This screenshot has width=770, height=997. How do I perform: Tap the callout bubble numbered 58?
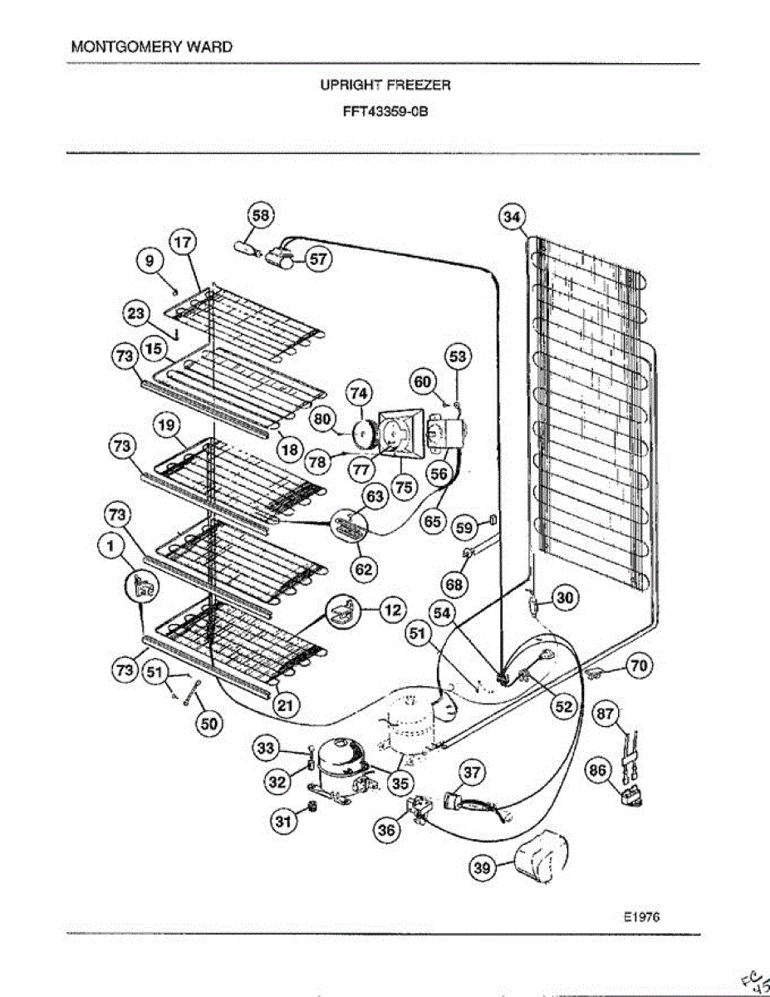pyautogui.click(x=261, y=216)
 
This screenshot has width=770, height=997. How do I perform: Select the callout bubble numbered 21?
pyautogui.click(x=285, y=706)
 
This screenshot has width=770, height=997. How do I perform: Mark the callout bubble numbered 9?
pyautogui.click(x=150, y=261)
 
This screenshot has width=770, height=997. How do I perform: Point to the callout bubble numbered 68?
pyautogui.click(x=454, y=585)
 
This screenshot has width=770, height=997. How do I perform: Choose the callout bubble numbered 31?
pyautogui.click(x=284, y=822)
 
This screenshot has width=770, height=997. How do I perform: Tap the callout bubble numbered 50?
pyautogui.click(x=208, y=724)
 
